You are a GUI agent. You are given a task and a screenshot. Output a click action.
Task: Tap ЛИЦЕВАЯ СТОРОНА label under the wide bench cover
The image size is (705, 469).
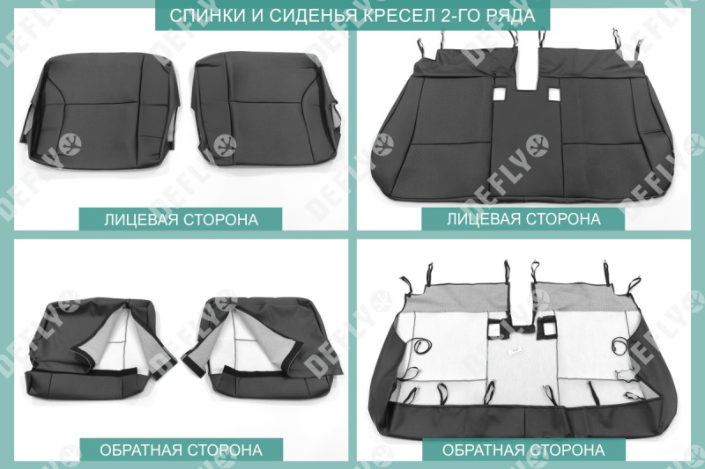click(x=523, y=218)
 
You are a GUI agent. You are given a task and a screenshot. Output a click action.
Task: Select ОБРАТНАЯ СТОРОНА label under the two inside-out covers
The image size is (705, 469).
click(x=181, y=450)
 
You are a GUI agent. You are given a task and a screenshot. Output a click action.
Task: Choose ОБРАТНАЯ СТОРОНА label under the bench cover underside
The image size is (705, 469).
click(x=523, y=450)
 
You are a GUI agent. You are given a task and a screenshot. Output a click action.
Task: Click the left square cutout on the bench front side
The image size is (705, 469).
click(x=500, y=95)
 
